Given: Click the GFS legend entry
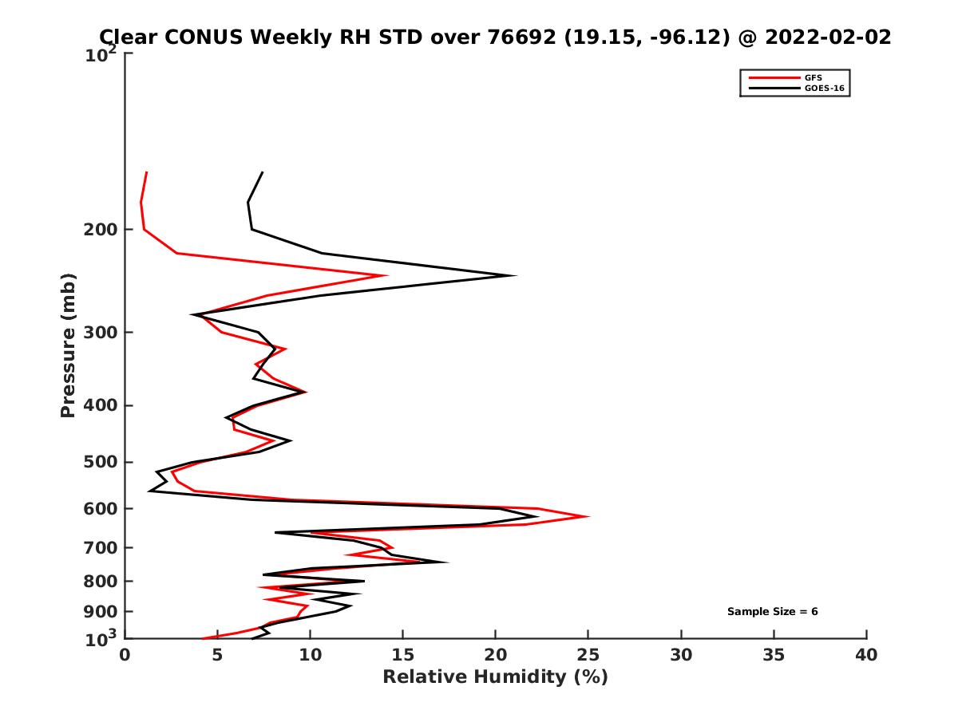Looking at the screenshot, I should click(812, 77).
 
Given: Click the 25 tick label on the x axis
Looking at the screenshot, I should click(588, 655).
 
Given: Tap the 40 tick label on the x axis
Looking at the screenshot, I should click(866, 655).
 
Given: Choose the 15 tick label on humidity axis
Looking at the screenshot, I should click(402, 655).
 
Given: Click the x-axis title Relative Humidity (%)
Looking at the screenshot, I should click(495, 677).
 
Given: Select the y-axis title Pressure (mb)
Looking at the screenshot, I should click(68, 345).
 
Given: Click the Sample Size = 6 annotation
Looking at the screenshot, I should click(772, 612).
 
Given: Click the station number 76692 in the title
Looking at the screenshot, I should click(522, 37).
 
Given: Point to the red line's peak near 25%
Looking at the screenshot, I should click(588, 516).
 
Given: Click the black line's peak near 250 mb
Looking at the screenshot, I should click(515, 276).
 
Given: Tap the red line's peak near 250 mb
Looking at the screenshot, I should click(387, 276).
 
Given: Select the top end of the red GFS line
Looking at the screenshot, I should click(147, 172).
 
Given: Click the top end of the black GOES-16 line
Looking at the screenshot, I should click(263, 172).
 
